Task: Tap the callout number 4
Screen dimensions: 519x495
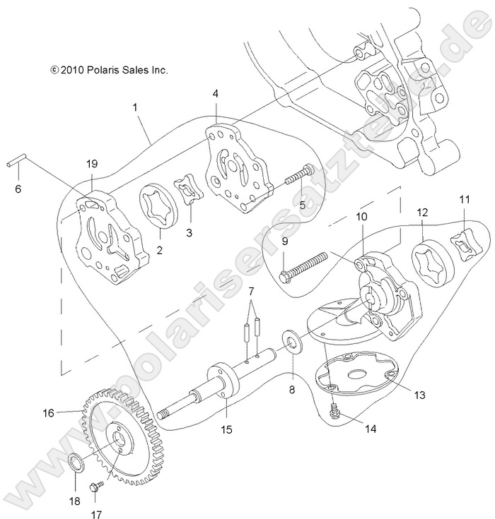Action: point(215,93)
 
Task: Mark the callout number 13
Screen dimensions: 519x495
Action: point(419,395)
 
